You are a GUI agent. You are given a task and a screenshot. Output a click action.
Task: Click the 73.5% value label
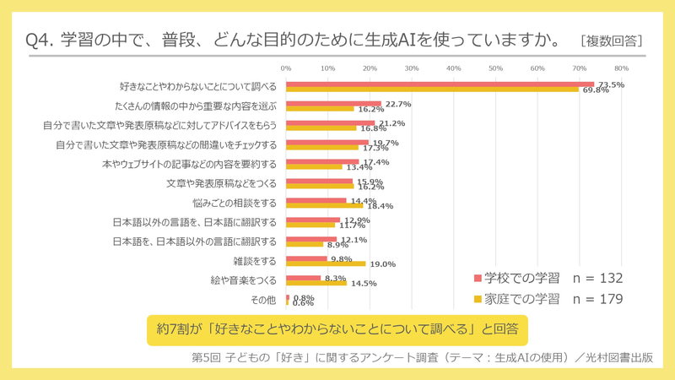(x=611, y=84)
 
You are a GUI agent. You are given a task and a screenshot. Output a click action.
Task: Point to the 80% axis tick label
(x=621, y=68)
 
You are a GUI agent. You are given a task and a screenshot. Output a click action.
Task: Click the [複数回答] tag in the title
(x=612, y=40)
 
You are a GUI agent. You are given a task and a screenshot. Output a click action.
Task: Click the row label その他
(x=263, y=300)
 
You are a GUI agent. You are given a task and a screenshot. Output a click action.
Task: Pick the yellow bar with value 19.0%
(x=326, y=264)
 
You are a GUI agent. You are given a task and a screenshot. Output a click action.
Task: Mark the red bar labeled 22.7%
(x=334, y=104)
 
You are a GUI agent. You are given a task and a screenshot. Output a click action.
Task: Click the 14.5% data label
(x=363, y=283)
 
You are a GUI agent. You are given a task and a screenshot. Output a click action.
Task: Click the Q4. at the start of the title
(x=42, y=40)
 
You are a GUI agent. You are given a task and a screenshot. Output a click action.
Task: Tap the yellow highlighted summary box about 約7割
(x=337, y=326)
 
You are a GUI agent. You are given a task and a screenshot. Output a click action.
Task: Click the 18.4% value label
(x=379, y=205)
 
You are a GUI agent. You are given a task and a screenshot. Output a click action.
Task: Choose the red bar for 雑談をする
(x=306, y=259)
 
